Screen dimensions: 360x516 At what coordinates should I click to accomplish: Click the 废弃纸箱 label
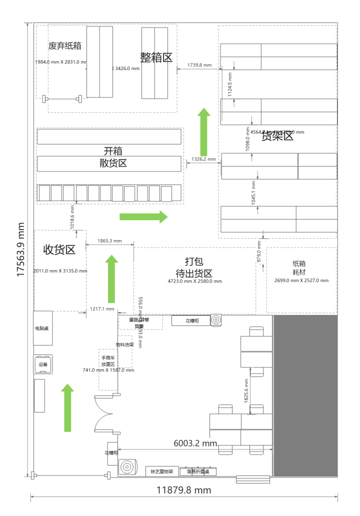[64, 46]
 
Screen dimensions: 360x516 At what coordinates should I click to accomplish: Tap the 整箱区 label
[156, 57]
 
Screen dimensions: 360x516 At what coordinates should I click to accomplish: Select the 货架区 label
[277, 136]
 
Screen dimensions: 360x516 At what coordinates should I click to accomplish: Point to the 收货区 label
[59, 249]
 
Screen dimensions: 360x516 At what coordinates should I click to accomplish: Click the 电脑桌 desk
[42, 328]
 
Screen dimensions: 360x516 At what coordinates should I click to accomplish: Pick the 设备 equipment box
[43, 364]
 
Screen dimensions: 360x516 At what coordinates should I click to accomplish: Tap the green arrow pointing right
[144, 216]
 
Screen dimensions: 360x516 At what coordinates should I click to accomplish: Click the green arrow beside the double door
[67, 408]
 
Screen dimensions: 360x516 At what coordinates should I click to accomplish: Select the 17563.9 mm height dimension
[20, 249]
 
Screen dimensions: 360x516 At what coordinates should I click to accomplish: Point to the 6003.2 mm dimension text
[195, 443]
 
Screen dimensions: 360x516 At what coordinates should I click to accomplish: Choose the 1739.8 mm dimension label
[199, 65]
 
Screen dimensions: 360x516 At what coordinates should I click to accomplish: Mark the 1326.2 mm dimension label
[204, 159]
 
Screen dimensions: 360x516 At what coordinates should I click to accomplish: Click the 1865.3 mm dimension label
[109, 240]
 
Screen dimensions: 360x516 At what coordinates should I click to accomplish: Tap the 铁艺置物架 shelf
[162, 471]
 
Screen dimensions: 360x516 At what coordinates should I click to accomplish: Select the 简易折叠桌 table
[198, 471]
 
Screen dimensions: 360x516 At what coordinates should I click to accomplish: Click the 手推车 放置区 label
[108, 361]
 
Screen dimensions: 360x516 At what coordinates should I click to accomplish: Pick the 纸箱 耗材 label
[299, 267]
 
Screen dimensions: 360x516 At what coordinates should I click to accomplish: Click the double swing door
[106, 413]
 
